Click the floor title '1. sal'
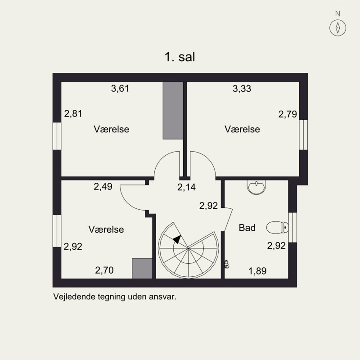180,57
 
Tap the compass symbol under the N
337,28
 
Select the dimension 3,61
120,88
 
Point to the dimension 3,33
242,89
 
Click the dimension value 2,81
73,114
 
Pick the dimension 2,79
288,114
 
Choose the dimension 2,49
103,187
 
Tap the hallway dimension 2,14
186,187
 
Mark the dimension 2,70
104,270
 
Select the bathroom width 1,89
257,271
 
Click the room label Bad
247,228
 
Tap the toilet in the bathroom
277,228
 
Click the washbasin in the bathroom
256,187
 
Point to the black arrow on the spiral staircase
177,239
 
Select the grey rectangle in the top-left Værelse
173,110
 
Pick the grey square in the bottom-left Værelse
142,269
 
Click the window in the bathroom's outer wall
292,228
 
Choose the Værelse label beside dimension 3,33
242,129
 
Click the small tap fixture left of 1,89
227,265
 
